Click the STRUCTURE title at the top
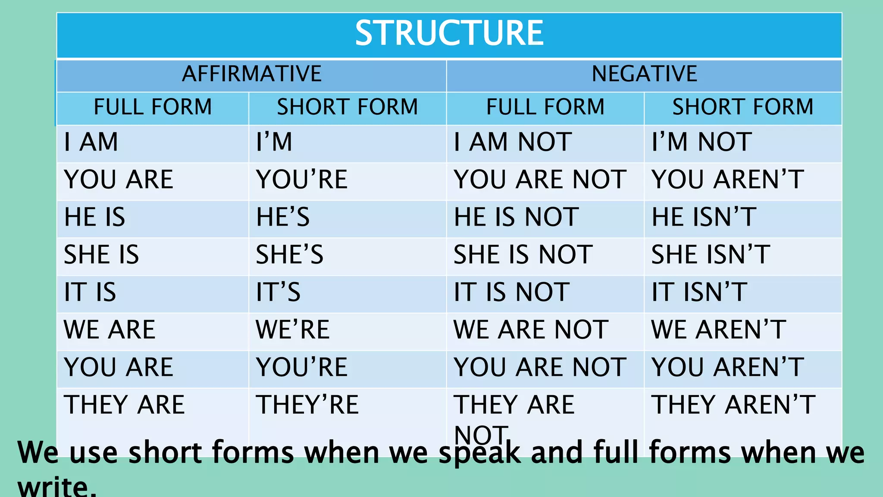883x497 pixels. pos(449,33)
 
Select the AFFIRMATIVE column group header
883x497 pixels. pos(252,74)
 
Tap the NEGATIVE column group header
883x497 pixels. pos(644,74)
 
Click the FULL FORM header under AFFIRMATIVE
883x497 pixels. pos(153,107)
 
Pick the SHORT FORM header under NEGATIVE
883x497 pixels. pos(742,107)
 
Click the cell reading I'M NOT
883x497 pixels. pos(701,142)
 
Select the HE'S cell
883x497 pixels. pos(283,217)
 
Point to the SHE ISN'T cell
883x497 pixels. pos(710,255)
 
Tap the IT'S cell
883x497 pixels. pos(278,292)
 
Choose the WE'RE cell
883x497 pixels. pos(292,330)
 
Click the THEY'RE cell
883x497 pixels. pos(307,405)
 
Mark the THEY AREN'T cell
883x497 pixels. pos(733,405)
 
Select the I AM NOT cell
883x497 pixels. pos(513,142)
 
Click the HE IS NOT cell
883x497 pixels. pos(516,217)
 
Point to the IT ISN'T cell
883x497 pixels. pos(699,292)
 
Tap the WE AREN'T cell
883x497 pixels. pos(718,330)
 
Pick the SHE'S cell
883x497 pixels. pos(289,255)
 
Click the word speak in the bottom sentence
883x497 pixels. pos(479,453)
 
